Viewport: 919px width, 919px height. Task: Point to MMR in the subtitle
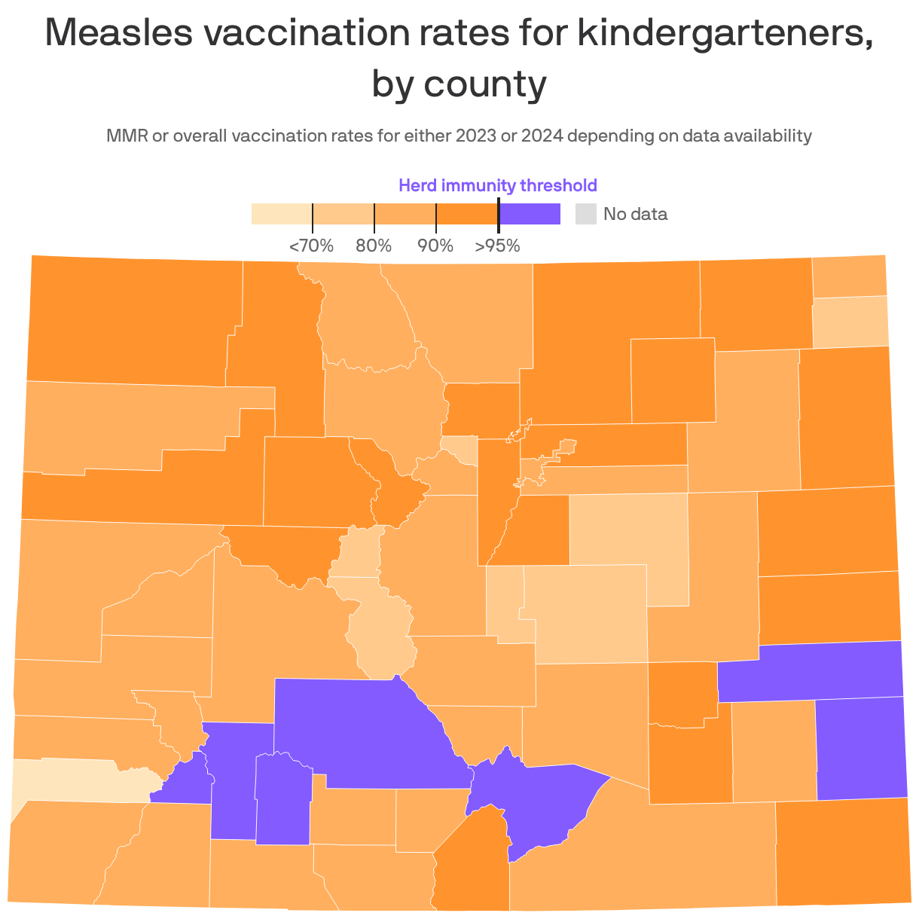point(127,136)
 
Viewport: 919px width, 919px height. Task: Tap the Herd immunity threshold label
point(497,185)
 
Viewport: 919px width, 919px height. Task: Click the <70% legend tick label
point(311,246)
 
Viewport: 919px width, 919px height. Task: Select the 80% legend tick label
point(374,246)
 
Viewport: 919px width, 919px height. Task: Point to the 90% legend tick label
point(435,246)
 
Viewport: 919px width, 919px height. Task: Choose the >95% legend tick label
point(497,246)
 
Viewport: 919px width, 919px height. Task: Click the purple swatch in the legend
point(530,214)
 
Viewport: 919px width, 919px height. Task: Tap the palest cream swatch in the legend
point(281,214)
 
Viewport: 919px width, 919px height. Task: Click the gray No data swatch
point(585,214)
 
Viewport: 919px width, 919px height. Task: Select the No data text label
point(635,214)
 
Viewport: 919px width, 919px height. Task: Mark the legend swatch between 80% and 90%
point(405,214)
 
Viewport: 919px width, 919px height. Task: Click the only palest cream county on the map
point(75,780)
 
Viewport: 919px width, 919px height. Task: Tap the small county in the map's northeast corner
point(849,276)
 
